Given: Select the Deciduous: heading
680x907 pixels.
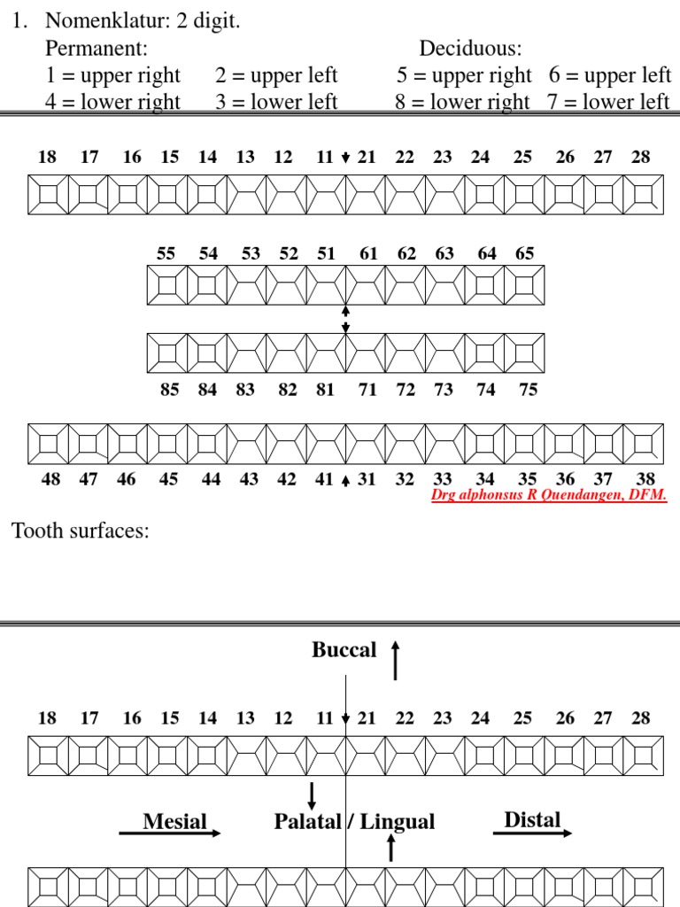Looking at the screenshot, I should pos(470,48).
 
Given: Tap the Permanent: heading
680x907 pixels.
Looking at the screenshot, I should pos(97,48).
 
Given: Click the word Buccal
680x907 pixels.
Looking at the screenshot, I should pos(344,650).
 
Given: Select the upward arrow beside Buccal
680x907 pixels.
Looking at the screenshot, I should pos(395,661).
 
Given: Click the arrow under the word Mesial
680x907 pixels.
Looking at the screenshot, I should pos(170,833).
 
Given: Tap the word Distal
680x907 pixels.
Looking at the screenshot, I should pos(532,819).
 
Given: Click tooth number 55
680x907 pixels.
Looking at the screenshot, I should pos(166,253).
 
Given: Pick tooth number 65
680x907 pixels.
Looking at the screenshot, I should pos(525,253).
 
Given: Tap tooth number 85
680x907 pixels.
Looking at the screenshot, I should pos(169,390).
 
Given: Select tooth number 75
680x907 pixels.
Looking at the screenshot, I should pos(528,390).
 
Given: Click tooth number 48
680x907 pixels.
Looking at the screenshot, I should pos(50,479).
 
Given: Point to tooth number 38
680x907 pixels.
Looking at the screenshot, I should pos(645,479).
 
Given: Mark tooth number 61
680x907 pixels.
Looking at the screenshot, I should pos(368,253).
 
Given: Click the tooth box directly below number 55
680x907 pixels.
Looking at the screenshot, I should pos(167,285).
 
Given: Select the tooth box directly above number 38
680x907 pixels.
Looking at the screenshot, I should pos(644,444).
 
